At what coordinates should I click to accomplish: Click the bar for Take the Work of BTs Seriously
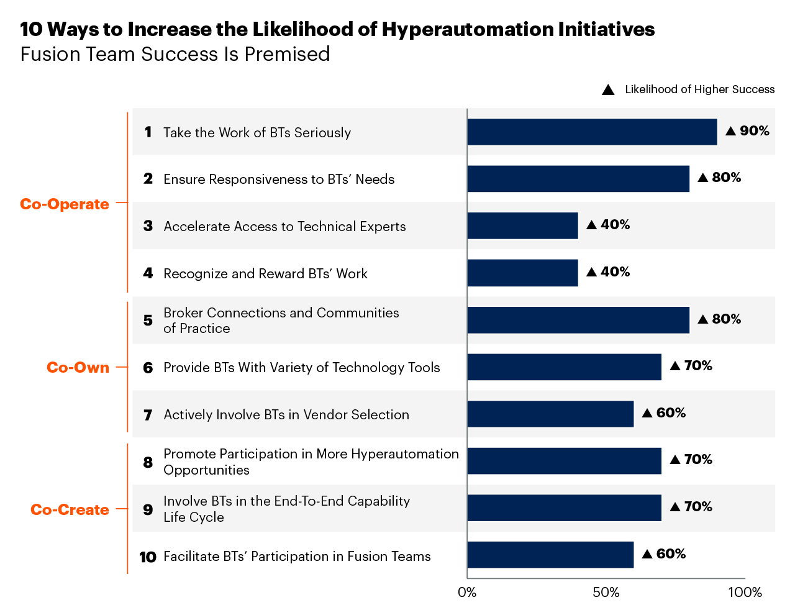pos(592,132)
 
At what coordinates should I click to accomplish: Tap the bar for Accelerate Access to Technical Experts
pos(522,225)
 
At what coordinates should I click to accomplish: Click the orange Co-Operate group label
pos(65,204)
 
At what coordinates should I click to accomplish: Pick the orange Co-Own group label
pos(78,368)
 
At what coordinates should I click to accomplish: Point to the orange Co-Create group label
pos(70,510)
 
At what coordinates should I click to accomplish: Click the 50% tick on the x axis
pos(606,593)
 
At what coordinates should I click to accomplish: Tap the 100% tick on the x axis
pos(745,593)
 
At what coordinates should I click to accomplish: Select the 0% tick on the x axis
pos(467,593)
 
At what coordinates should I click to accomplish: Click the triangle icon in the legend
pos(608,90)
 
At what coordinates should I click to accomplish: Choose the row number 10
pos(148,557)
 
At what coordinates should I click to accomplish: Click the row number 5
pos(148,321)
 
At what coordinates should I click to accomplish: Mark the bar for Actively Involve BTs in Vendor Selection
pos(550,414)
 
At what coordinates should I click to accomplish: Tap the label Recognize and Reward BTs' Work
pos(265,274)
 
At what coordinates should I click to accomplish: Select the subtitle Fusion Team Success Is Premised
pos(175,55)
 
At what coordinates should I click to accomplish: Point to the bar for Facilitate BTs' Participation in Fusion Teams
pos(550,555)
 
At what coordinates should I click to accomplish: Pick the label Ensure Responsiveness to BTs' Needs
pos(279,180)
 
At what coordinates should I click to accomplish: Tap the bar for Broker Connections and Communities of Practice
pos(578,320)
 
